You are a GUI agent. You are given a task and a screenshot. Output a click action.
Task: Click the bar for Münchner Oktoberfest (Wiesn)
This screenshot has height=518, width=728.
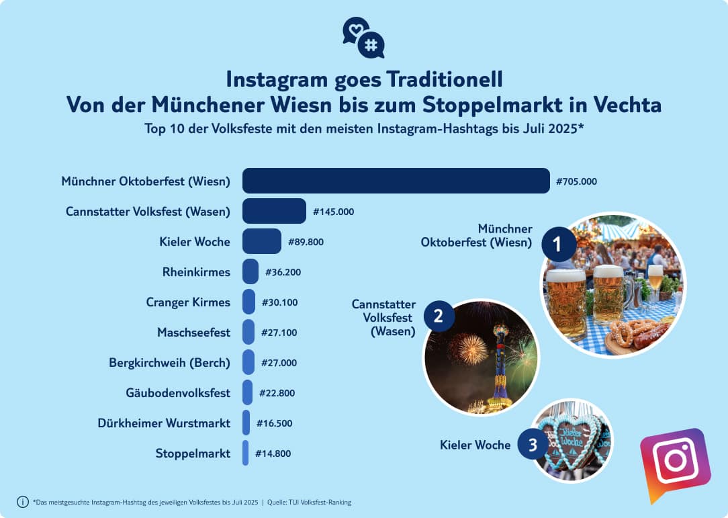point(396,181)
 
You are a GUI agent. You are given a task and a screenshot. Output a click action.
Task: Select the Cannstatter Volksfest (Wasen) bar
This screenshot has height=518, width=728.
point(274,211)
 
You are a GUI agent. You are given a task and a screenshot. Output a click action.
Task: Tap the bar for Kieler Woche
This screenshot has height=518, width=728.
point(261,241)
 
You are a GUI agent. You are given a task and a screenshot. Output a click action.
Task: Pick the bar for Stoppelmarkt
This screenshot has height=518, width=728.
point(246,453)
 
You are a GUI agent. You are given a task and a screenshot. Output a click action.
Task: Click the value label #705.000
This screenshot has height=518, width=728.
point(576,181)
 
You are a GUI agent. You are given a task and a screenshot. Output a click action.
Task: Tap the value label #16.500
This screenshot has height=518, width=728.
point(273,423)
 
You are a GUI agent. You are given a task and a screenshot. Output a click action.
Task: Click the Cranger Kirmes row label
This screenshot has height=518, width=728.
point(188,302)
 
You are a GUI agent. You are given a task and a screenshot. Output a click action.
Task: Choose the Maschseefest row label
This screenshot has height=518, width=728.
point(193,333)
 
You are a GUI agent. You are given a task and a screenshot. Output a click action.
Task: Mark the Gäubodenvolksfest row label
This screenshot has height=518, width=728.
point(178,393)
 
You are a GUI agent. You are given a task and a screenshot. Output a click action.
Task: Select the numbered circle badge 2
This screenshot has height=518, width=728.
point(439,316)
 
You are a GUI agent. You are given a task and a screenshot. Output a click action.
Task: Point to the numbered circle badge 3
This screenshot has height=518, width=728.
point(533,445)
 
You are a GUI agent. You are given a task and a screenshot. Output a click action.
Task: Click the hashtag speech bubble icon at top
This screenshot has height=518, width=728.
point(371,45)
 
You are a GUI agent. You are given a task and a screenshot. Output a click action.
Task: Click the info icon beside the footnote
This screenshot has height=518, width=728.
point(23,501)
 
